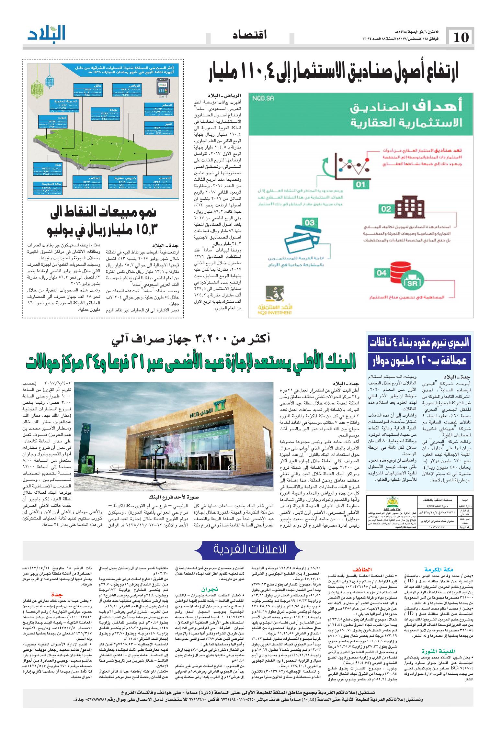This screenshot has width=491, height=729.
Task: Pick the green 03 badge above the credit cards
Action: pos(310,223)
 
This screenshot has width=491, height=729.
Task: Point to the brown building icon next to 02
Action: pos(409,206)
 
